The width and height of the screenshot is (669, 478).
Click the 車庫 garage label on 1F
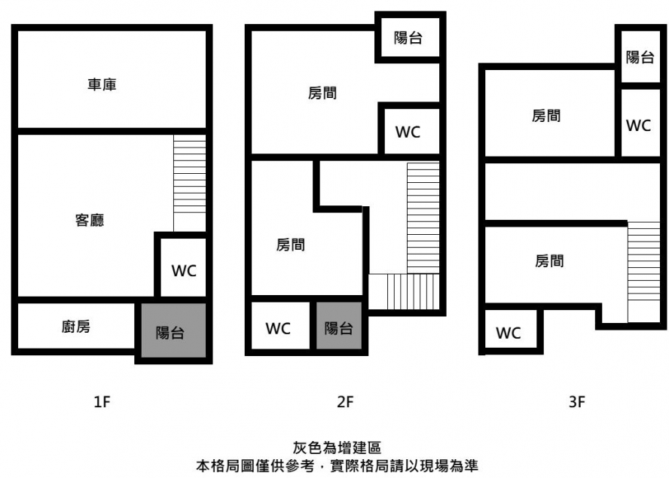point(102,84)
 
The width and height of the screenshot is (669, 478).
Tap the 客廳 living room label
point(90,220)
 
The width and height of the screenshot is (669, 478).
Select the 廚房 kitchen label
point(76,327)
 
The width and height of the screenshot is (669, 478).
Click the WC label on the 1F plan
point(184,271)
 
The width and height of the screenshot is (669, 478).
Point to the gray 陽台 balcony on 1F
point(173,330)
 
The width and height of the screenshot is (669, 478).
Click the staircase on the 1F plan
point(189,184)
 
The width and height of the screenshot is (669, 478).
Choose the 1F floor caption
point(102,402)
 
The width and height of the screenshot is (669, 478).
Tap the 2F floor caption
point(345,402)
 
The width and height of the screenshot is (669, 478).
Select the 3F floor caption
point(577,402)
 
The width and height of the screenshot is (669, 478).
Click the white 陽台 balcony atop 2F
point(408,38)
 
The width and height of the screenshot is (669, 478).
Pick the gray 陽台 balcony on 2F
point(339,326)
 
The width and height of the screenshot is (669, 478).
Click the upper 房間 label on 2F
point(322,93)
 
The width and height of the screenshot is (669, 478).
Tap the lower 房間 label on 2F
point(291,245)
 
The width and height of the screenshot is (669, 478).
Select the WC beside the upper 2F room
point(408,132)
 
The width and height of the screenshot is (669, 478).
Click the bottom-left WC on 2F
point(278,328)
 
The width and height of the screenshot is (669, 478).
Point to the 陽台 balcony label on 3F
point(640,56)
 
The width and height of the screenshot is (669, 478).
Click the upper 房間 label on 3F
point(546,116)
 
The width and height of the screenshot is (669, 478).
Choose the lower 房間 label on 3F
point(549,260)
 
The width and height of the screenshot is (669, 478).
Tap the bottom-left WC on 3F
point(508,333)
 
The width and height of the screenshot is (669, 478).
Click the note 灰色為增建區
point(337,448)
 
